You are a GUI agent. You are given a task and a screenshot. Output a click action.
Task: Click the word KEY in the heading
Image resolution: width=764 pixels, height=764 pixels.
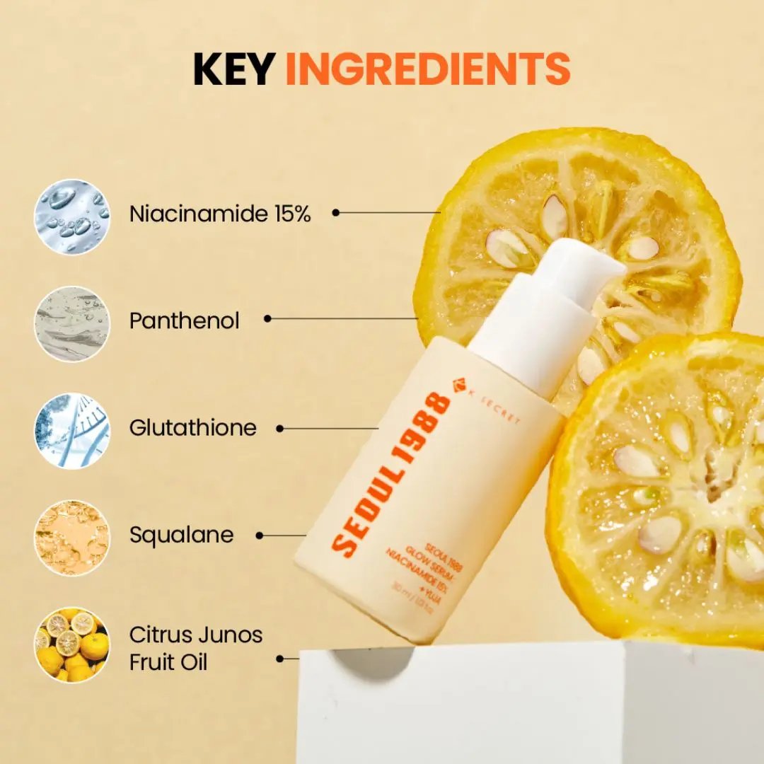coord(233,69)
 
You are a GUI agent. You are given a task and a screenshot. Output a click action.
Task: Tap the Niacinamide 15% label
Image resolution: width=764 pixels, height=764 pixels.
coord(220,214)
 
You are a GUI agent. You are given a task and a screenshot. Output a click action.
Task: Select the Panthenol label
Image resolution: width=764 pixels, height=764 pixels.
coord(185,320)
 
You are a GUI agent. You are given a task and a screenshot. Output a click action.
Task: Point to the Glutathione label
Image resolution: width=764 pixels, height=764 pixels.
coord(193,428)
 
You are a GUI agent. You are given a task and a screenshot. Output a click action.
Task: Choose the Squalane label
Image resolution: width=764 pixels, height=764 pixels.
coord(181,536)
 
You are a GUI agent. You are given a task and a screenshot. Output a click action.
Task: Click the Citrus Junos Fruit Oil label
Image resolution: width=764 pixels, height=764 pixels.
coord(195,649)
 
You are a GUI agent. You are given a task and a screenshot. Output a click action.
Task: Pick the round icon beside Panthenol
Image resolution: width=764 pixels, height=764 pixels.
coord(72,324)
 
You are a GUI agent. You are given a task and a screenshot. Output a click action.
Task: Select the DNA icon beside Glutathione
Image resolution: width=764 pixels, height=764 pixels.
coord(72,431)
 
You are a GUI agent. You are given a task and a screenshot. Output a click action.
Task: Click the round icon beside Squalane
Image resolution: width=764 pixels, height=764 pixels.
coord(72,538)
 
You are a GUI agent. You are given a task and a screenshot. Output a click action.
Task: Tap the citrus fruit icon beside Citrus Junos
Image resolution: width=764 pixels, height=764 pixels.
coord(72,644)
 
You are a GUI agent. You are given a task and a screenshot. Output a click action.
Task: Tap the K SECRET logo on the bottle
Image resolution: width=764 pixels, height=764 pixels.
coord(489,407)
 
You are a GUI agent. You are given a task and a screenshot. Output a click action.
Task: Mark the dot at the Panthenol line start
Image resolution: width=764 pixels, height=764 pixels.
coord(267,319)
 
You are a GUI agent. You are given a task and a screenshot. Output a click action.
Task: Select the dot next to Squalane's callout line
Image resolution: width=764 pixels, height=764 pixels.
coord(260,536)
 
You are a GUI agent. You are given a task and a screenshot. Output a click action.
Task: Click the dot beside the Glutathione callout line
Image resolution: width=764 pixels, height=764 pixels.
coord(279,428)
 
